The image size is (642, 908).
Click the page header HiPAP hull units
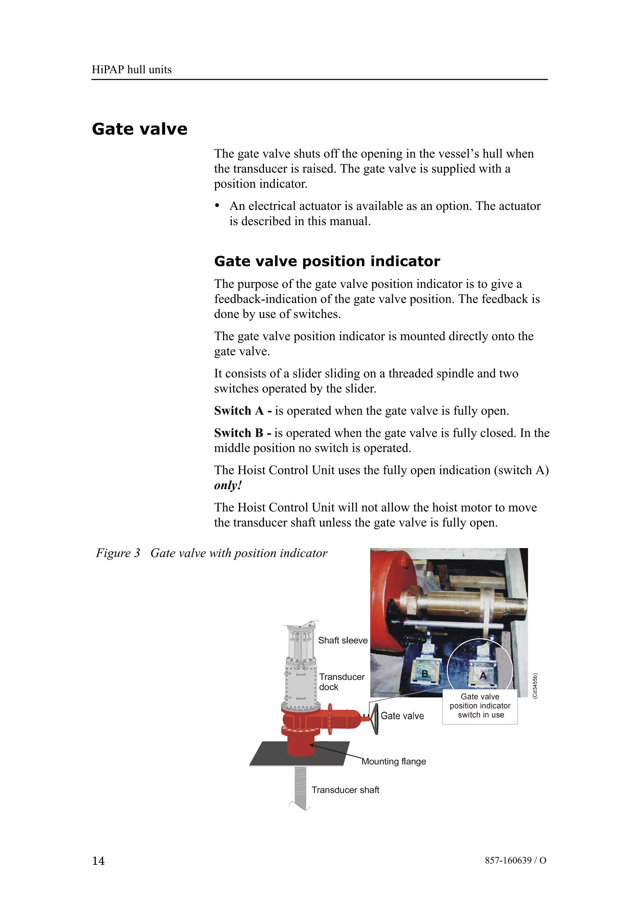coord(131,70)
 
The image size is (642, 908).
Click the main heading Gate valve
coord(139,129)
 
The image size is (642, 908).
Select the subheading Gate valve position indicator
coord(327,261)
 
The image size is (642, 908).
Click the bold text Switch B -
coord(242,433)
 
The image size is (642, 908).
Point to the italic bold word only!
coord(228,485)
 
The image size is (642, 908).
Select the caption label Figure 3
coord(118,553)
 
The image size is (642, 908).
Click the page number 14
coord(98,861)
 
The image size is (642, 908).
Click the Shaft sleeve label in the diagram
coord(343,640)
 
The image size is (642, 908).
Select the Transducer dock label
coord(341,682)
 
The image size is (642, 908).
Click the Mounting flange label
coord(394,761)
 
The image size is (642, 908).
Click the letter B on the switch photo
coord(425,674)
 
